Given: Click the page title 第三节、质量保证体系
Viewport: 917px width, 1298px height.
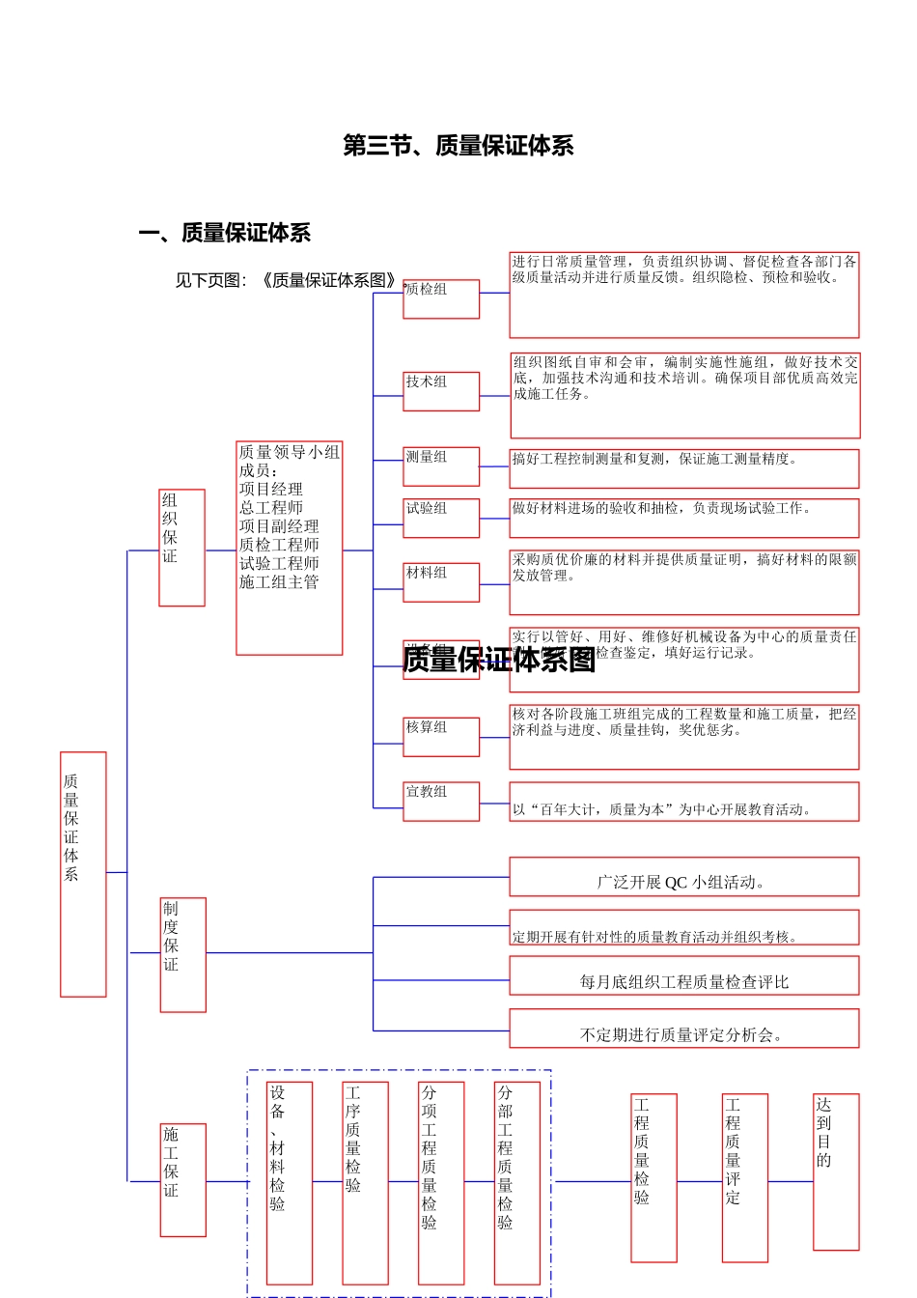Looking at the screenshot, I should point(458,146).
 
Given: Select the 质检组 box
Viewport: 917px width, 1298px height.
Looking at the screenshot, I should point(441,298).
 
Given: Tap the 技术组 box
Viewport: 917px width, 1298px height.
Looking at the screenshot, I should point(441,391).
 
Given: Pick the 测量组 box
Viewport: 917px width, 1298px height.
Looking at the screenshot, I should point(441,466).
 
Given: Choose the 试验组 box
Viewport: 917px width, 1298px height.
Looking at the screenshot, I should point(441,518).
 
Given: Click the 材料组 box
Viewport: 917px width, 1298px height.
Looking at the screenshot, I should point(441,582).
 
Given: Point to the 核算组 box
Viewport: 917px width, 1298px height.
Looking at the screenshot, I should point(441,736).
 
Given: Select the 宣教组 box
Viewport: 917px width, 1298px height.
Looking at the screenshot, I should point(441,801).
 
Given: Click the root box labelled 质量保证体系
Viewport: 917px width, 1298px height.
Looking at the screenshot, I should point(83,873).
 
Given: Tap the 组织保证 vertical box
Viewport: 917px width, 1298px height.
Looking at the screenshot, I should point(181,548).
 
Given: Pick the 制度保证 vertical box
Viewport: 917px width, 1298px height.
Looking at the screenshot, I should point(182,954).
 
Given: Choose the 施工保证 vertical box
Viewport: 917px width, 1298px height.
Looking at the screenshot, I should point(182,1179).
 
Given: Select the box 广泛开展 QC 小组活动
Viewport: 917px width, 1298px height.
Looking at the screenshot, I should point(683,878).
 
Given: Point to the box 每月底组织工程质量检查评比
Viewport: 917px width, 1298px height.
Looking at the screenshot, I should point(683,976).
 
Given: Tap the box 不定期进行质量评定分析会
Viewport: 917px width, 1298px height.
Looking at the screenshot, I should point(683,1029).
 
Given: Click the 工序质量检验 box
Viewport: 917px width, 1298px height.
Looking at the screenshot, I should point(365,1182).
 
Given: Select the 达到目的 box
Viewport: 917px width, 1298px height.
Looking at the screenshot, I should point(835,1171).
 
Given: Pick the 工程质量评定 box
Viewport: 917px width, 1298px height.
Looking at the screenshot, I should point(744,1177).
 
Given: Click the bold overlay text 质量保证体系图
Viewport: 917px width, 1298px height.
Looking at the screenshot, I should point(499,660).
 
